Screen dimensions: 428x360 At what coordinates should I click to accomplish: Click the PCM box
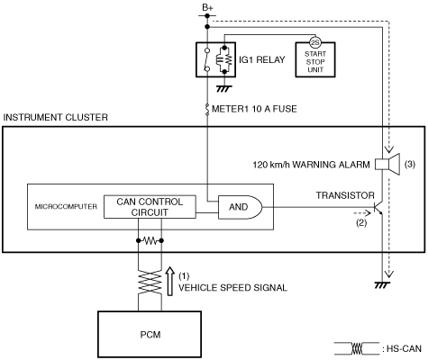[150, 334]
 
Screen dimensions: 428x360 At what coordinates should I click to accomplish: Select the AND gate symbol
[240, 207]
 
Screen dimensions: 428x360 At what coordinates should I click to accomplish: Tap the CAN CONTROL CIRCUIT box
[150, 207]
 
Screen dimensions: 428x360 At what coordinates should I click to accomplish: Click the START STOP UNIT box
[315, 59]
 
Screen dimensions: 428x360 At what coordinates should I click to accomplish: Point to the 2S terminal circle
[315, 43]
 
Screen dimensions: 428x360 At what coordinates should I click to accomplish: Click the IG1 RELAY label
[262, 59]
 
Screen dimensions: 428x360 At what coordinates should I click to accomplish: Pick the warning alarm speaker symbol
[387, 164]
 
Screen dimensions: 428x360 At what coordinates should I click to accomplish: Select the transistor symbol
[378, 207]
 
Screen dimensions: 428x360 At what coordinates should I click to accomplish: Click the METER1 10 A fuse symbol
[207, 109]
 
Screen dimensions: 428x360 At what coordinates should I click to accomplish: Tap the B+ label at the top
[207, 8]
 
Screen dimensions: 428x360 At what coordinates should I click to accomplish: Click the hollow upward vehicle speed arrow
[170, 281]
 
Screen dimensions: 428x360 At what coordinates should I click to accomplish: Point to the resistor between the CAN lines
[150, 240]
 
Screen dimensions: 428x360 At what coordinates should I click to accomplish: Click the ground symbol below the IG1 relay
[224, 88]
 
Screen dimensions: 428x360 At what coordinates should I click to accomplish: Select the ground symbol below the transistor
[382, 284]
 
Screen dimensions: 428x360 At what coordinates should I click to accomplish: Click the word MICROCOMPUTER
[66, 207]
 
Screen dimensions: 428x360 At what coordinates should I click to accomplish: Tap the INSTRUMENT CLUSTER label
[55, 117]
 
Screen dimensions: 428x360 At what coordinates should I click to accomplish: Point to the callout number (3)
[410, 164]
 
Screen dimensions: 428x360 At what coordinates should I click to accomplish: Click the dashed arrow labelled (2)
[363, 213]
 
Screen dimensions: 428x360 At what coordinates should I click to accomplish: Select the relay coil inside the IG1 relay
[219, 59]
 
